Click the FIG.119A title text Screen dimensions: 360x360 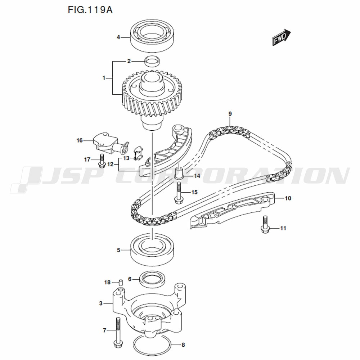pos(90,10)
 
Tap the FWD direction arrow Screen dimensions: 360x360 pos(282,37)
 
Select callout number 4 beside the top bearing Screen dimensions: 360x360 pos(118,37)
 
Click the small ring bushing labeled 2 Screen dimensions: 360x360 pos(153,62)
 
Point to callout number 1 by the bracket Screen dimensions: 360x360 pos(104,78)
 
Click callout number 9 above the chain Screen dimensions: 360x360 pos(230,114)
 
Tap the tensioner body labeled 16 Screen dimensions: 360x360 pos(110,145)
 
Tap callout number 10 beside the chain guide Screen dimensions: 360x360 pos(288,198)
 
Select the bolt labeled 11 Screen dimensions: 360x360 pos(265,225)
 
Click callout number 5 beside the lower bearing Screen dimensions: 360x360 pos(118,250)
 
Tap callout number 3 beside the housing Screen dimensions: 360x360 pos(101,303)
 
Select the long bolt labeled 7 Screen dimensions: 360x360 pos(118,336)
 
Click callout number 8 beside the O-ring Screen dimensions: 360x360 pos(183,345)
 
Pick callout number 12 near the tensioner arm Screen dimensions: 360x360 pos(111,165)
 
